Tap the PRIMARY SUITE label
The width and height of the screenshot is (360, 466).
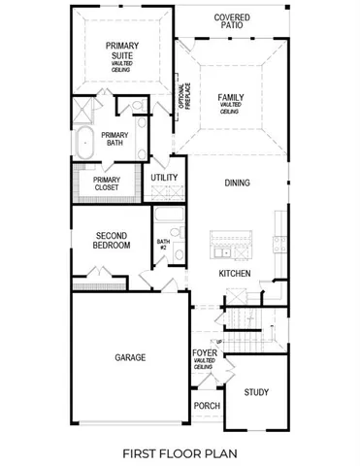click(x=122, y=50)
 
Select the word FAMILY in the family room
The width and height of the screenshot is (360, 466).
click(x=231, y=97)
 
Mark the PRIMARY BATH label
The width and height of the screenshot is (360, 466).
click(x=115, y=140)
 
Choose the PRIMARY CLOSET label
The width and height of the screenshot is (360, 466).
click(x=107, y=183)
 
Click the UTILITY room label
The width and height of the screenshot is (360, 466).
click(x=163, y=179)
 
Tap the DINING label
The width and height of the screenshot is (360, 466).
click(x=238, y=183)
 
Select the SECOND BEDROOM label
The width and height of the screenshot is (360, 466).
click(x=112, y=240)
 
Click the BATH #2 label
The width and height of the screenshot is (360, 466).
click(x=163, y=246)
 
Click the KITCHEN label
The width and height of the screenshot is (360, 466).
click(x=235, y=274)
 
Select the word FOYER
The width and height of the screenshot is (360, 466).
click(x=205, y=352)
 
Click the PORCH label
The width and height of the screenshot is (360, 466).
click(x=206, y=406)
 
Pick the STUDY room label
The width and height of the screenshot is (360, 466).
click(x=256, y=392)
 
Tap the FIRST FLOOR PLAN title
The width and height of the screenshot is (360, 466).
click(x=180, y=451)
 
